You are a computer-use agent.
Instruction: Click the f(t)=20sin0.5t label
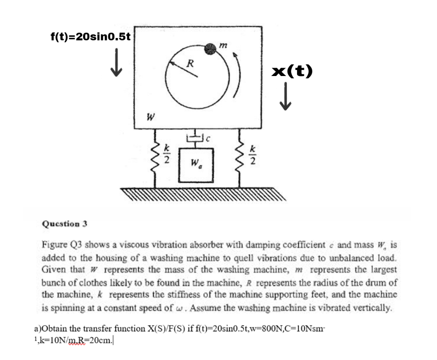pyautogui.click(x=90, y=37)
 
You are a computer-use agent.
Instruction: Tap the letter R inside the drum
pyautogui.click(x=191, y=64)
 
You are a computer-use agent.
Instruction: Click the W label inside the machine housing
pyautogui.click(x=150, y=116)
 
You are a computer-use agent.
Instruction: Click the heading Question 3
pyautogui.click(x=64, y=223)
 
